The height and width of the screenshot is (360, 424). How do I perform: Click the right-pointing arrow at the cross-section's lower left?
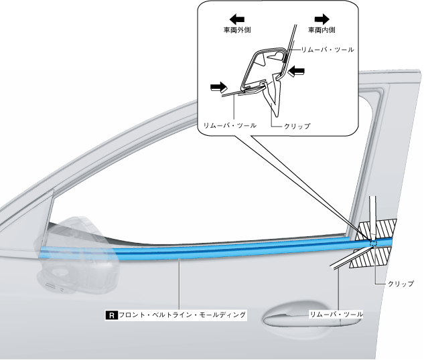(217, 86)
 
